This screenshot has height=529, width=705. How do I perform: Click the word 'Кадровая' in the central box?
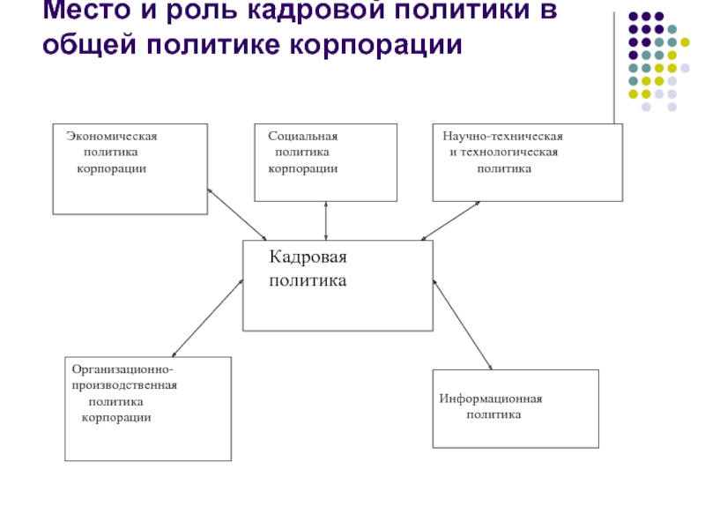coord(308,257)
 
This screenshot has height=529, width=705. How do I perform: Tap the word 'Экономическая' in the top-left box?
coord(112,137)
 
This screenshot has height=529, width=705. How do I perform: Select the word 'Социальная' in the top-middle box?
coord(303,137)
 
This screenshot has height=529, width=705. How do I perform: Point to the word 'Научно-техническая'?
coord(503,137)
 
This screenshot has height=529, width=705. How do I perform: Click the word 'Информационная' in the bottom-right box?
coord(491,399)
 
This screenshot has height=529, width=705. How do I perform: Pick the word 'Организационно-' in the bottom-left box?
coord(122,369)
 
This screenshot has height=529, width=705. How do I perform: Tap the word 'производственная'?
coord(125,385)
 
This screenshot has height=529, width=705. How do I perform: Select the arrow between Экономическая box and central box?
coord(237,213)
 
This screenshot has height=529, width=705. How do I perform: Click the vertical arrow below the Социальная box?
coord(326,220)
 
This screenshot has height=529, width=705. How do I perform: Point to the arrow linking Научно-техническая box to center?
coord(450,220)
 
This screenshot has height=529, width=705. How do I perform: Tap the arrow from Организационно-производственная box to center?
coord(207,317)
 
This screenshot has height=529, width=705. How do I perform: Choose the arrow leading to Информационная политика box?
coord(462,324)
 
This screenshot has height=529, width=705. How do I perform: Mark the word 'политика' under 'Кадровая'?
coord(308,281)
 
